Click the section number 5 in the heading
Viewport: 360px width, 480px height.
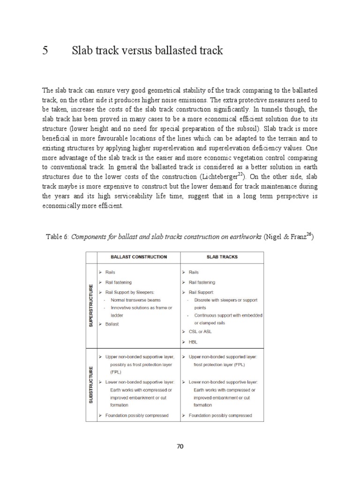[x=45, y=51]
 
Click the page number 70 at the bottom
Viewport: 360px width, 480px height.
[x=180, y=446]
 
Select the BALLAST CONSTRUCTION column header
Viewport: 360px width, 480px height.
[x=138, y=257]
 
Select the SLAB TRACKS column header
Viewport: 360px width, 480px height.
[x=221, y=257]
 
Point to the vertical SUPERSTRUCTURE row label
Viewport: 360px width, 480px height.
[x=91, y=305]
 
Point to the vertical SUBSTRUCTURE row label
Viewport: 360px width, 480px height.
[x=91, y=384]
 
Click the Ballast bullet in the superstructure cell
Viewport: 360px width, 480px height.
[x=112, y=324]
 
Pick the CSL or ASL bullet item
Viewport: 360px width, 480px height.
[x=200, y=331]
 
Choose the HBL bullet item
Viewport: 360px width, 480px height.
[x=193, y=342]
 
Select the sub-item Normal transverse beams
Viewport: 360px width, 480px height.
[x=135, y=300]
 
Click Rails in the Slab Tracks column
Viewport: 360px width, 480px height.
[x=194, y=272]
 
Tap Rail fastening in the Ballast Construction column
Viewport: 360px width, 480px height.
[x=119, y=282]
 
